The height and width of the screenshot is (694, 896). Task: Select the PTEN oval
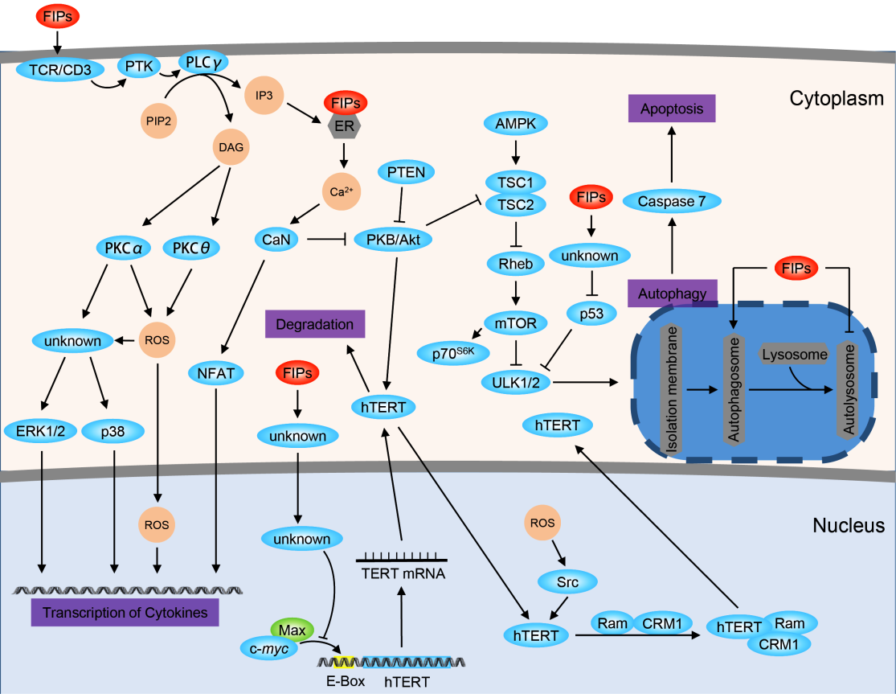[x=406, y=172]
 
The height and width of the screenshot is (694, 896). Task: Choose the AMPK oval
[x=514, y=123]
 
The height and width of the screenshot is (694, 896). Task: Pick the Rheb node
[x=515, y=263]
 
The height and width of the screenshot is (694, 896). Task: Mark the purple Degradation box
[x=314, y=325]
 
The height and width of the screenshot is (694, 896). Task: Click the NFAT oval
[x=217, y=372]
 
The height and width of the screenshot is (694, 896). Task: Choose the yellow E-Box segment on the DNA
[x=346, y=662]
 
